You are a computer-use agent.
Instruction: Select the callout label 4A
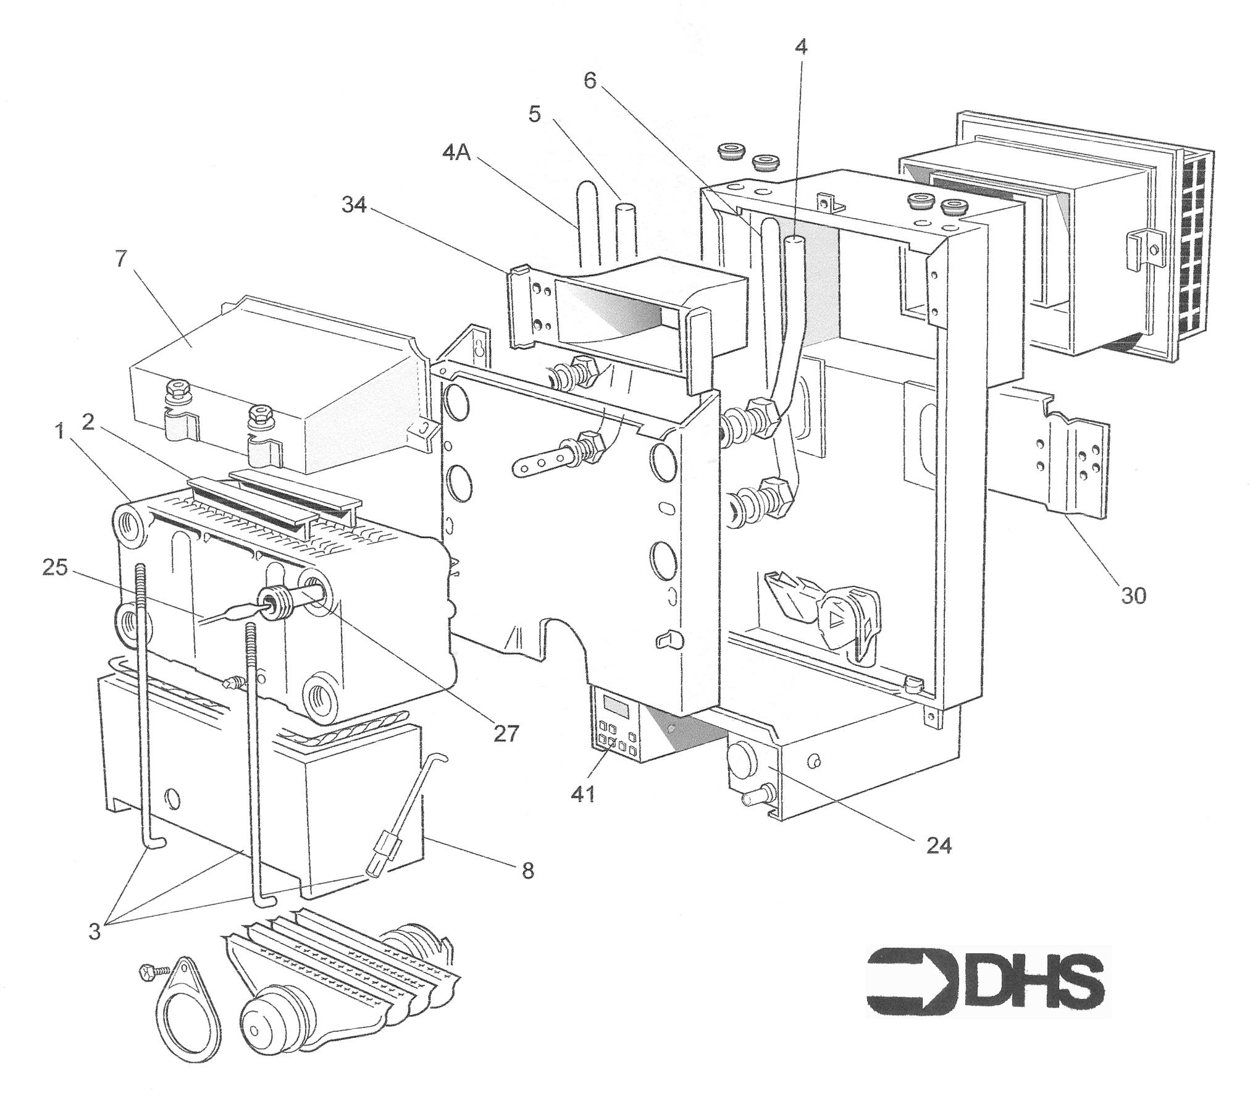click(x=457, y=152)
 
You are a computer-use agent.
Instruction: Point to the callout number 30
click(x=1133, y=596)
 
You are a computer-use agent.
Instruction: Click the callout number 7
click(x=121, y=258)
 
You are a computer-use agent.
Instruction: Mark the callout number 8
click(x=527, y=871)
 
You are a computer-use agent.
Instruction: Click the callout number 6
click(x=590, y=81)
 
